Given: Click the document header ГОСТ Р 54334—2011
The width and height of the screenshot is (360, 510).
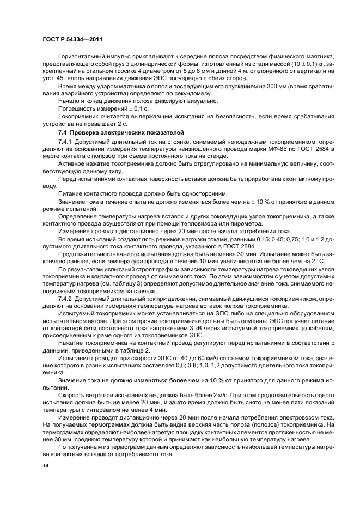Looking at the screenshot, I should click(72, 39).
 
